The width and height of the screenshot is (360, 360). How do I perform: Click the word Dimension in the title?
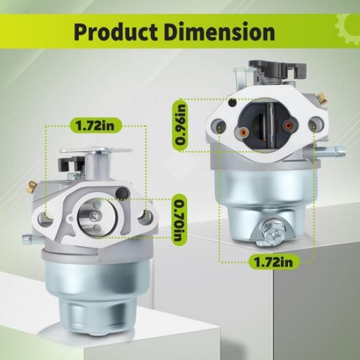[x=223, y=31]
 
